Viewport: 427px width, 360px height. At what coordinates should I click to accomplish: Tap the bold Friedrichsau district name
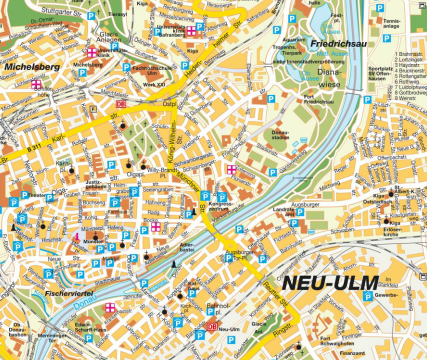coord(338,44)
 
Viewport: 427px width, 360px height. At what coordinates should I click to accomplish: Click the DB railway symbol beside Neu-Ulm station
coord(212,325)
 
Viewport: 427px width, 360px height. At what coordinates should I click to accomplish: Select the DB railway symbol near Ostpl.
coord(120,104)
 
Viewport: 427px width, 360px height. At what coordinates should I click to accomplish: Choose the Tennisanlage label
coord(391,23)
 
